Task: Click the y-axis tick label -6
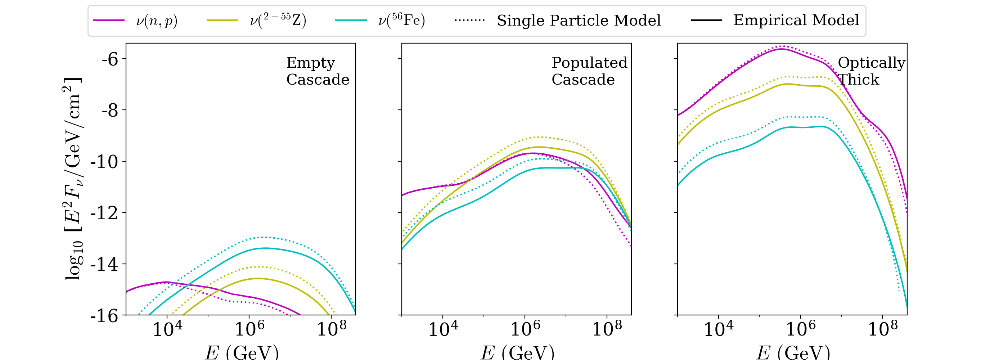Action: pos(110,59)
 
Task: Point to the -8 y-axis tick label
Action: pos(110,111)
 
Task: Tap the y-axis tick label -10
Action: pos(104,162)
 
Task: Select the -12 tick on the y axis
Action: pos(104,213)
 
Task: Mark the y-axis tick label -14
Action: pos(104,265)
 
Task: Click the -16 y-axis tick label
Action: pos(104,316)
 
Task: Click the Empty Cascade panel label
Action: pos(318,71)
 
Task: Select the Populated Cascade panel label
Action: pos(589,71)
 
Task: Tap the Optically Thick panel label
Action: pos(871,71)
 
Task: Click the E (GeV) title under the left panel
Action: pos(242,352)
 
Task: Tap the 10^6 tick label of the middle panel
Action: pos(525,329)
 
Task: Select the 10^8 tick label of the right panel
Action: pos(883,329)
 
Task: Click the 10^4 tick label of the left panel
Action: pos(167,329)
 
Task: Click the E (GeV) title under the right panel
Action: pos(793,352)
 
